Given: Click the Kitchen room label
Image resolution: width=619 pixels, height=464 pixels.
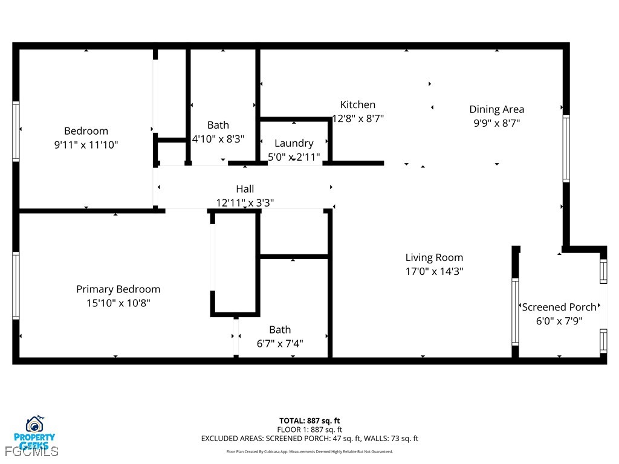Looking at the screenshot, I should tap(357, 105).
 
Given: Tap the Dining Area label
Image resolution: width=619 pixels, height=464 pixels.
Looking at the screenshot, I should tap(496, 109).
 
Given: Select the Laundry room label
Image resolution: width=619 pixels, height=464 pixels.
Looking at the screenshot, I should tap(294, 143).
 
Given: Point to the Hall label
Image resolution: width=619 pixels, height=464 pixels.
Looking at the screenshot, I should tap(245, 189).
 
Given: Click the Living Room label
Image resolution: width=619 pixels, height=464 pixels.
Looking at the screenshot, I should tap(434, 257).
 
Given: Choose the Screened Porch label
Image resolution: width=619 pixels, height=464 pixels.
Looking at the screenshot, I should tap(559, 307).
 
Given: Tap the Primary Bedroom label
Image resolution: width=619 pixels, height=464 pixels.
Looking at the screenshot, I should tap(118, 289).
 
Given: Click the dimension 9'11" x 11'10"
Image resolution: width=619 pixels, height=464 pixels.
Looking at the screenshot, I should tap(86, 145).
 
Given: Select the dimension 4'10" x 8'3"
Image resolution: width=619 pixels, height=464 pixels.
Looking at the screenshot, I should tap(218, 139).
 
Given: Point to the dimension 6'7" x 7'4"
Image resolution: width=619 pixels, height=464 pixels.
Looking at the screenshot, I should tap(280, 344).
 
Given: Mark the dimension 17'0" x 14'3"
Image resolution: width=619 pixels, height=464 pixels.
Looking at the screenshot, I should tap(434, 272).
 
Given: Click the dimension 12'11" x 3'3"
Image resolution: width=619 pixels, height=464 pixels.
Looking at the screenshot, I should tap(245, 203).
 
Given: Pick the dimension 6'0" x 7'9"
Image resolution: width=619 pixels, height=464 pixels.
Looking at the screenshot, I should tap(559, 321).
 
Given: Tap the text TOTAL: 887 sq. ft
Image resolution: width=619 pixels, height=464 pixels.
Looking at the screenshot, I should tap(309, 420).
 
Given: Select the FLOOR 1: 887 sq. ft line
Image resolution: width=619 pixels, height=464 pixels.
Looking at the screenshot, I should tap(309, 430).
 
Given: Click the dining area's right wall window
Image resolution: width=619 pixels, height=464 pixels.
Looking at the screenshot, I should tap(566, 148).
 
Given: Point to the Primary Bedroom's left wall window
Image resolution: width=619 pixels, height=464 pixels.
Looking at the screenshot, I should tap(16, 285).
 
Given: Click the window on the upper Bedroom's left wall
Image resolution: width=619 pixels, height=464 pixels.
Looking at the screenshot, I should tap(16, 131).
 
